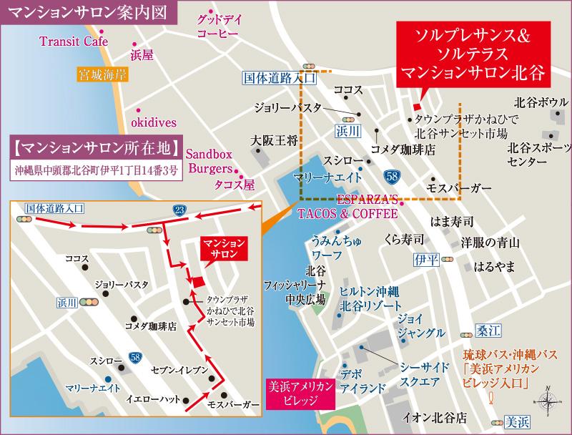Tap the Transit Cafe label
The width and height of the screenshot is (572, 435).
[x=69, y=41]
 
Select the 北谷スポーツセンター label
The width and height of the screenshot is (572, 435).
[x=537, y=155]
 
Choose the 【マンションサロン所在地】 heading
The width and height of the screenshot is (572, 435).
[x=95, y=149]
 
